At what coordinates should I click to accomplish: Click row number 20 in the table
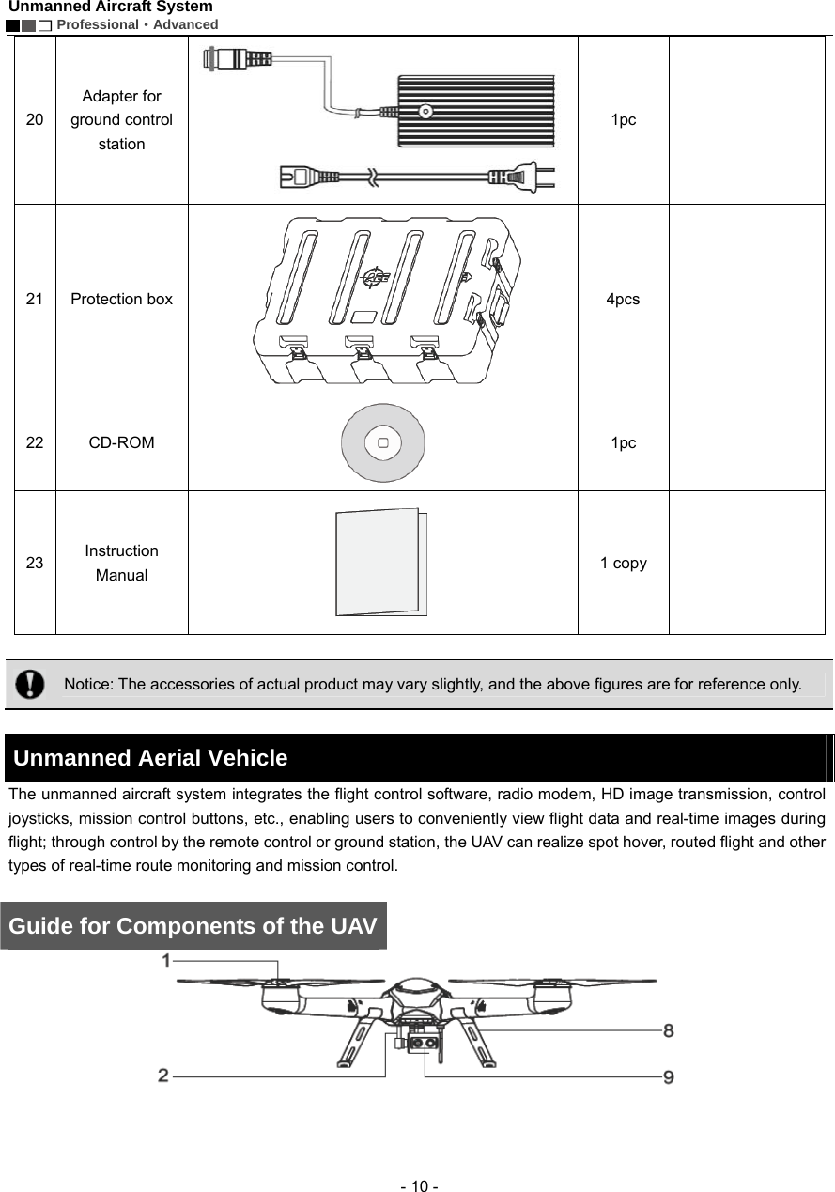coord(34,120)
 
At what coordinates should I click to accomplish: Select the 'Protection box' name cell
coord(121,299)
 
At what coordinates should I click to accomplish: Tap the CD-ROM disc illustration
coord(382,442)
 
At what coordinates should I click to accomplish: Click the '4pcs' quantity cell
coord(623,299)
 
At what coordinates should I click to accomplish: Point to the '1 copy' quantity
coord(623,563)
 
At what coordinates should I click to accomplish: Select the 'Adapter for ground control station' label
coord(121,120)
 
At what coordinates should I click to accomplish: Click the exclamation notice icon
coord(30,683)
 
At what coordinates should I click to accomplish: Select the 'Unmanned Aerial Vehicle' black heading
coord(150,758)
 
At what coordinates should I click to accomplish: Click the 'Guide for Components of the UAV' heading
coord(193,926)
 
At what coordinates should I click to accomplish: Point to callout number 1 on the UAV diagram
coord(166,960)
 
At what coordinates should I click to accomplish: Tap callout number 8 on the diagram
coord(668,1030)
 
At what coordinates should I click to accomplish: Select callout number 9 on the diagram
coord(668,1076)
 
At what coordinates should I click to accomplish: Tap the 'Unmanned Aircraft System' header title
coord(111,7)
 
